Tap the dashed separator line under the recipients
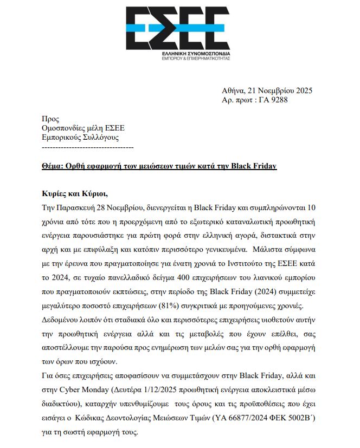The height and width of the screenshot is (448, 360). click(88, 147)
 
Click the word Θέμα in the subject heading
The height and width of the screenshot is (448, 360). click(53, 166)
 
